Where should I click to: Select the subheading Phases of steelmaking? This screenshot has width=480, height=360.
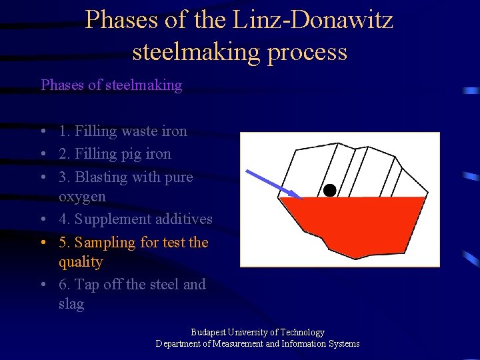(x=111, y=85)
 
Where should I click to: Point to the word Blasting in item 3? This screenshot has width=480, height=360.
(x=101, y=177)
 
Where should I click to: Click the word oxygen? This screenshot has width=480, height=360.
(x=82, y=197)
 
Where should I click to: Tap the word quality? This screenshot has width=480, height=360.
(x=81, y=262)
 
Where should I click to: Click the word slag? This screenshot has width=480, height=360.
(x=71, y=304)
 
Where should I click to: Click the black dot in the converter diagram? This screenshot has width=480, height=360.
(x=329, y=190)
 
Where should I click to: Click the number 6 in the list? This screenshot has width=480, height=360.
(x=63, y=285)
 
